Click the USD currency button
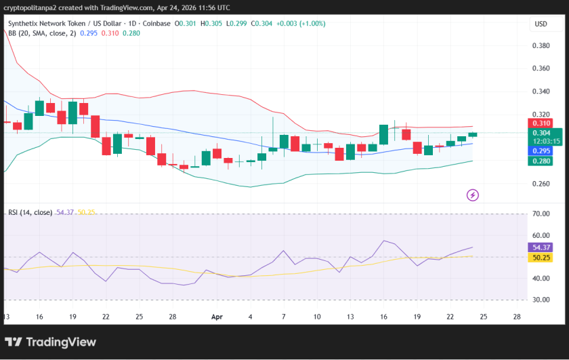(541, 24)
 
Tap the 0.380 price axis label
(541, 45)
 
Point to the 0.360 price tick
(541, 68)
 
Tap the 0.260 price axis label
(541, 184)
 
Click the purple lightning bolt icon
(473, 195)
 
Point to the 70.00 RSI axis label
(541, 214)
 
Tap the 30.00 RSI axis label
(541, 300)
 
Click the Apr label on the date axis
(217, 316)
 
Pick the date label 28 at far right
(517, 316)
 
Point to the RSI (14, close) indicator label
(30, 212)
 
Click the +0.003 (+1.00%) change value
(299, 23)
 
